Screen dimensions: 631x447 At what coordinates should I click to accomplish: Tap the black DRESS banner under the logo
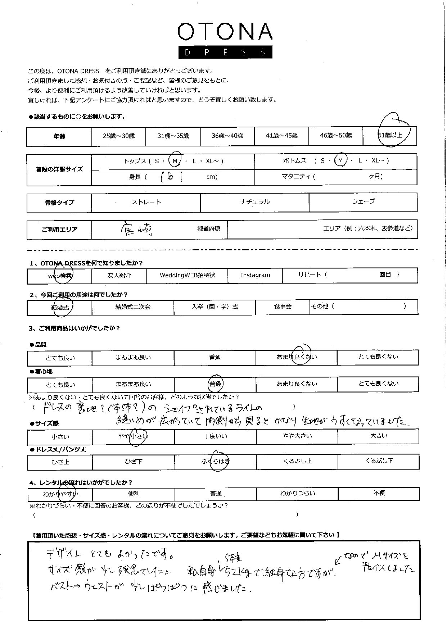point(225,52)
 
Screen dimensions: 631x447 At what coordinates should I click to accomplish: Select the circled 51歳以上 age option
point(390,135)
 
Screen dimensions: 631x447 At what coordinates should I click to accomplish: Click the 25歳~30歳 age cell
point(118,136)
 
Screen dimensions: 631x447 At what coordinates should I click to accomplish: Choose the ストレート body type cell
point(146,202)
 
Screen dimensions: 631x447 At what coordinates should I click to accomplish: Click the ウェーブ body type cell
point(363,201)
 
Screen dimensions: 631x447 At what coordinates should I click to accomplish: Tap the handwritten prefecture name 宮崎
point(136,229)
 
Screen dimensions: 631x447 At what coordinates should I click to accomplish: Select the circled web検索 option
point(60,276)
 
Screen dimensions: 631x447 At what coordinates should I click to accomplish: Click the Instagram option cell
point(255,275)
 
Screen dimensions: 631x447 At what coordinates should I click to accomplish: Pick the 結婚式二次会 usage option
point(132,307)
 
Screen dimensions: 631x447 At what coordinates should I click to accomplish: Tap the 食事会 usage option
point(283,307)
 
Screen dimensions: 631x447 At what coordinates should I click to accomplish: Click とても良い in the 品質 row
point(60,358)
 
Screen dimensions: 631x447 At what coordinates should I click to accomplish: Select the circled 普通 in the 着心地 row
point(215,384)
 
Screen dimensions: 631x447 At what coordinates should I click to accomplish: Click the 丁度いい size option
point(215,436)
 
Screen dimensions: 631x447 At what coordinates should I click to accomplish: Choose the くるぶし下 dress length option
point(379,461)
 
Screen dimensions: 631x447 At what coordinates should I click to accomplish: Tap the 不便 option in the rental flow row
point(379,493)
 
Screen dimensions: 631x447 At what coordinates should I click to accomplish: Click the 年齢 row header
point(59,136)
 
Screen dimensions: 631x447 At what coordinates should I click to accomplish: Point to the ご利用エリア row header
point(59,229)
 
